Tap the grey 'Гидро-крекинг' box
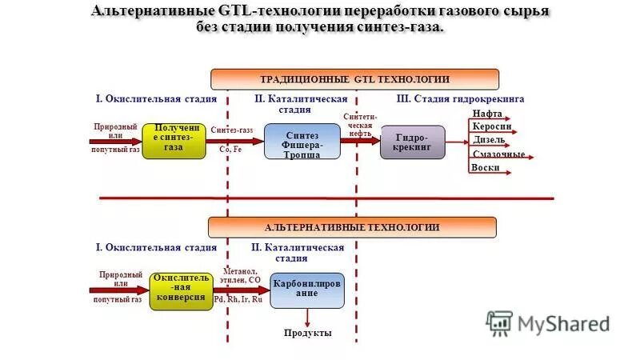(x=412, y=142)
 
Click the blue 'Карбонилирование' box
(x=306, y=290)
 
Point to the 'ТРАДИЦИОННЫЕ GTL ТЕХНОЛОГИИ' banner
(x=354, y=79)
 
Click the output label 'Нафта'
(x=487, y=114)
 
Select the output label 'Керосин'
(x=491, y=126)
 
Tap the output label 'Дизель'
(x=489, y=140)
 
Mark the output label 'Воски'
(x=486, y=167)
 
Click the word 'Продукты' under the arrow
(x=308, y=333)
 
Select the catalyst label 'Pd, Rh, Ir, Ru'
(x=238, y=299)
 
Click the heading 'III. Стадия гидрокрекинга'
(x=460, y=98)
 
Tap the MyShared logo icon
(x=498, y=322)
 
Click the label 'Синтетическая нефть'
(x=358, y=125)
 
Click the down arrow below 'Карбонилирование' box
(x=307, y=317)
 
